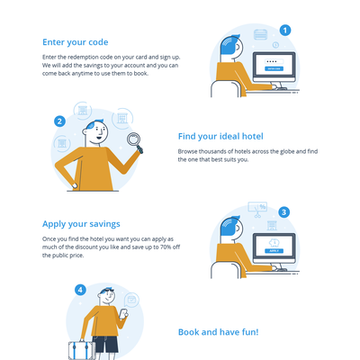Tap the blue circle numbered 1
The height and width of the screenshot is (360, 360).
point(285,30)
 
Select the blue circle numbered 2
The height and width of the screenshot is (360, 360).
point(59,121)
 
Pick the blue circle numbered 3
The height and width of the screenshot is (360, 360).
point(283,212)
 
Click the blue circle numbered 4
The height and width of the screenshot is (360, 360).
point(80,290)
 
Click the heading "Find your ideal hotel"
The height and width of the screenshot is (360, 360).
point(220,137)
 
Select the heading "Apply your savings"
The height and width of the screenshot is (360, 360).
point(81,222)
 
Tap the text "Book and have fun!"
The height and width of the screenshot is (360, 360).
point(218,332)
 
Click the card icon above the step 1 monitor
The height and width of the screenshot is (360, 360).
point(260,34)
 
